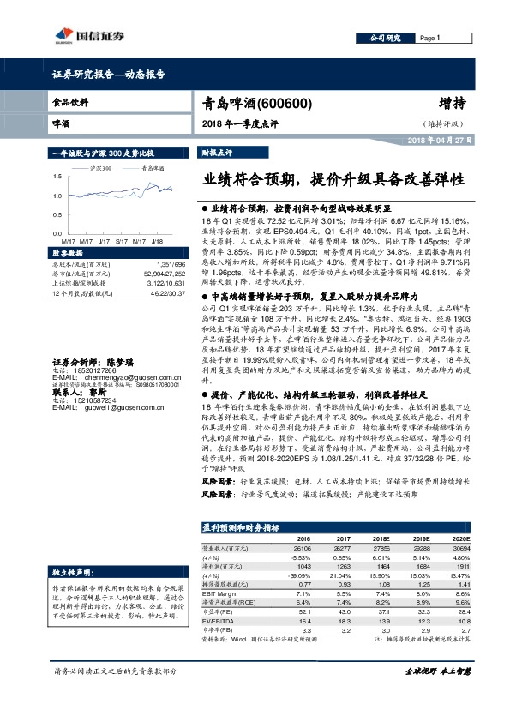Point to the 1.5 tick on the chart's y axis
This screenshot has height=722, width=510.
click(56, 175)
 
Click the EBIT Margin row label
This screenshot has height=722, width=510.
click(219, 593)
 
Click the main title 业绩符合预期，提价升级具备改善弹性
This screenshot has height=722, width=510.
click(333, 181)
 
